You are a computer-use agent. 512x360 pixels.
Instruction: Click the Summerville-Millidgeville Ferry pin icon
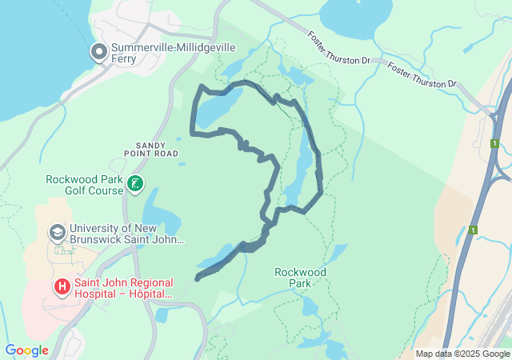pyautogui.click(x=99, y=53)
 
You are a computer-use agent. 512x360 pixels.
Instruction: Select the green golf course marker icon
pyautogui.click(x=136, y=185)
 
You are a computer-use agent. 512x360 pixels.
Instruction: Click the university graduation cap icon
pyautogui.click(x=57, y=233)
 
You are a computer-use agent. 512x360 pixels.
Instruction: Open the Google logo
pyautogui.click(x=26, y=350)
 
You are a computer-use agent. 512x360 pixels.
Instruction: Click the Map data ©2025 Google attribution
pyautogui.click(x=462, y=354)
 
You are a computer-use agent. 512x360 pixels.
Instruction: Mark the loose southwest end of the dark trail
pyautogui.click(x=198, y=278)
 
